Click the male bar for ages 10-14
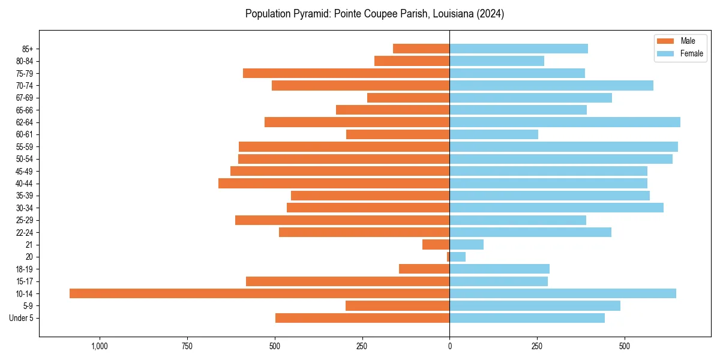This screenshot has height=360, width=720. [x=259, y=293]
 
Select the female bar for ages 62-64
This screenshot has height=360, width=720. [x=565, y=122]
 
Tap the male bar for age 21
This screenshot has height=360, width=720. [x=436, y=244]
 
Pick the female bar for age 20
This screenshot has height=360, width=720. [x=457, y=257]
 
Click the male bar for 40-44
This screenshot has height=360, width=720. [x=334, y=183]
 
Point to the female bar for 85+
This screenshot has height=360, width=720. [x=518, y=49]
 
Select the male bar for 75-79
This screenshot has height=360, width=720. [x=346, y=73]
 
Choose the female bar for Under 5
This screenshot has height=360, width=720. [x=527, y=318]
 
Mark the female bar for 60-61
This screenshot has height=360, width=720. [x=494, y=134]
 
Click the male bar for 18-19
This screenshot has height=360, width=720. [x=424, y=269]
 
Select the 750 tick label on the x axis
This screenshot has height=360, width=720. [x=187, y=346]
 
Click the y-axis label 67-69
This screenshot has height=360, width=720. [x=25, y=98]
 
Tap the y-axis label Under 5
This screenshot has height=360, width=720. [x=21, y=318]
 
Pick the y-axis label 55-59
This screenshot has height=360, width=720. [x=25, y=146]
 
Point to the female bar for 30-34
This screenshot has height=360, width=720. [x=556, y=208]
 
